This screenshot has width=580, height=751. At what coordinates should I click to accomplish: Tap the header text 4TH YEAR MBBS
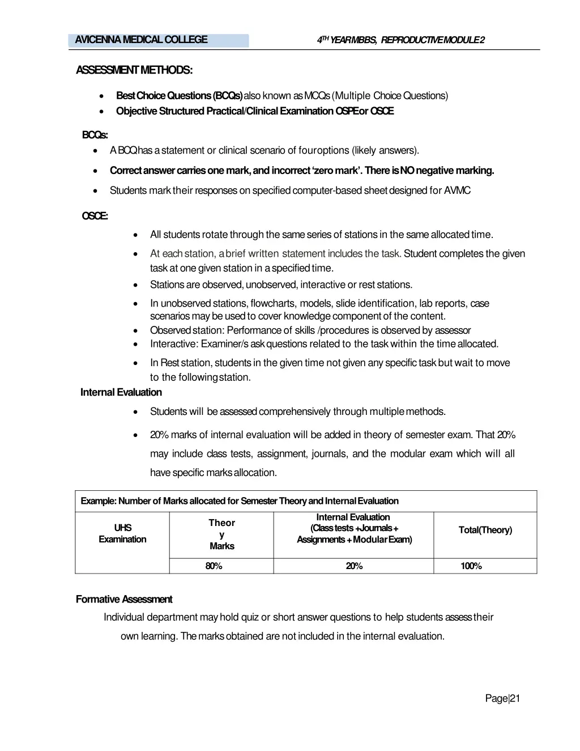pyautogui.click(x=347, y=40)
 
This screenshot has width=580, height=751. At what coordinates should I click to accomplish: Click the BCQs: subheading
pyautogui.click(x=95, y=135)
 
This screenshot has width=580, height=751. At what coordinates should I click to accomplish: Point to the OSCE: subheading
pyautogui.click(x=95, y=216)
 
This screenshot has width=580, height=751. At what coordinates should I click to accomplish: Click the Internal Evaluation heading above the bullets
pyautogui.click(x=121, y=392)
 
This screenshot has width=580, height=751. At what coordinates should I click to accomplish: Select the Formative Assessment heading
pyautogui.click(x=124, y=599)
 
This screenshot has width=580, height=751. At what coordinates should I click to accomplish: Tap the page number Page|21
pyautogui.click(x=502, y=698)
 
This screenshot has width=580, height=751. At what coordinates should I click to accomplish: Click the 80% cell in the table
pyautogui.click(x=214, y=566)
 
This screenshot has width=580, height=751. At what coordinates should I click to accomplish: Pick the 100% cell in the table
pyautogui.click(x=471, y=566)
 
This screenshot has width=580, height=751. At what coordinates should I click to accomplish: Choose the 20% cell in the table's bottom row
pyautogui.click(x=354, y=566)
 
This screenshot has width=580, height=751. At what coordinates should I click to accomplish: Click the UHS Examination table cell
pyautogui.click(x=122, y=534)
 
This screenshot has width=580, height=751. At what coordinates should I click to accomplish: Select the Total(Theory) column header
pyautogui.click(x=485, y=530)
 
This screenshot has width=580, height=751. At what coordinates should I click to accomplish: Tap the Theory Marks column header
pyautogui.click(x=221, y=534)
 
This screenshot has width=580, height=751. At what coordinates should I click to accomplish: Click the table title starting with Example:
pyautogui.click(x=240, y=501)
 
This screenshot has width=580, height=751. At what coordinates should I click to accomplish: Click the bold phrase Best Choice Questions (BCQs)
pyautogui.click(x=180, y=96)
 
